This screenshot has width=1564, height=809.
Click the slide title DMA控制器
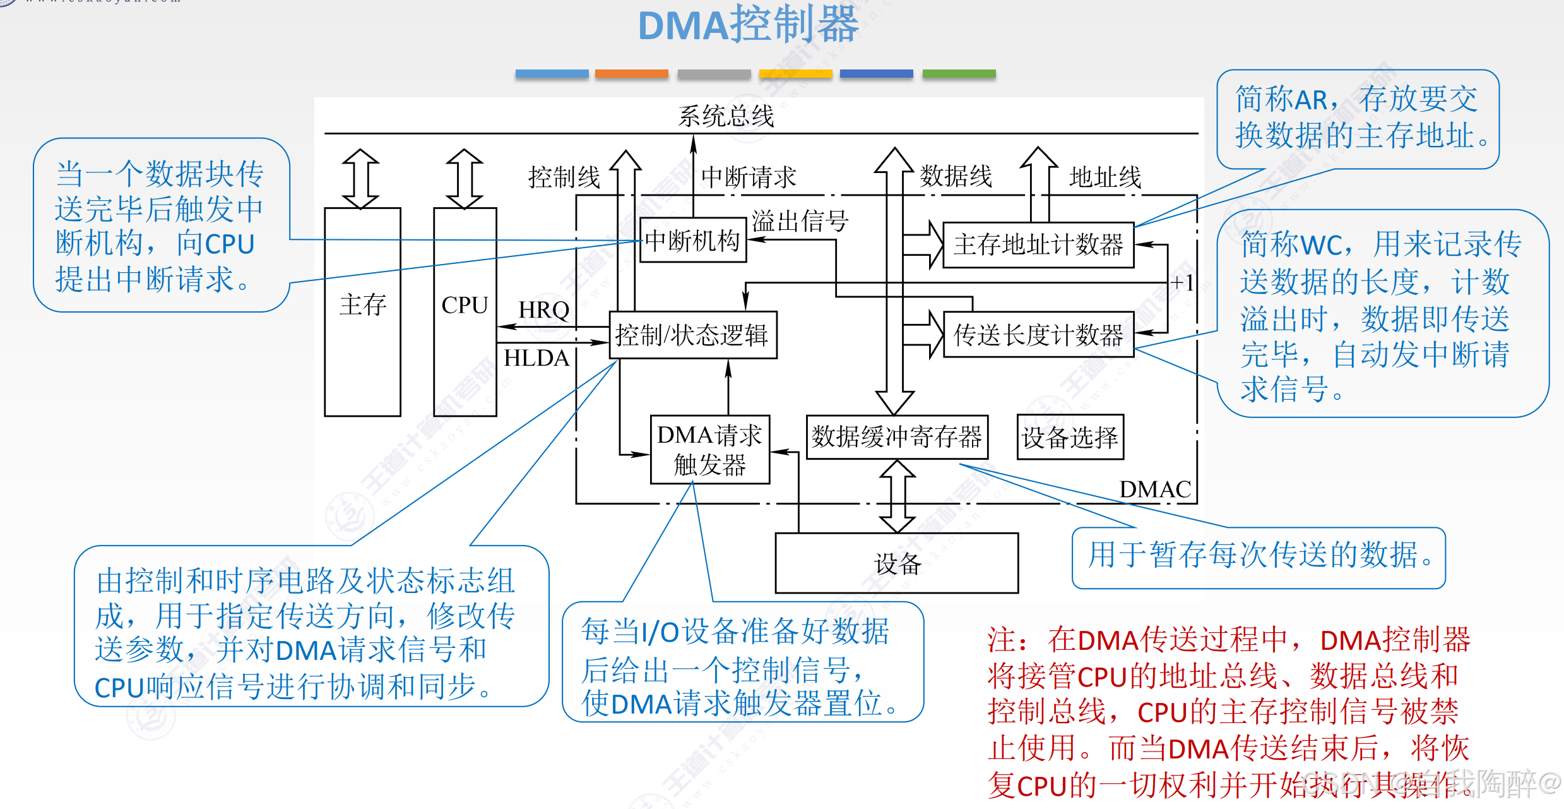point(749,25)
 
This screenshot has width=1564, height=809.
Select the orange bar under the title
point(631,74)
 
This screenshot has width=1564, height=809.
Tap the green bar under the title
point(959,74)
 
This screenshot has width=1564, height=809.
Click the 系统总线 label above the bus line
point(726,116)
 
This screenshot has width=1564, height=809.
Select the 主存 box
point(362,312)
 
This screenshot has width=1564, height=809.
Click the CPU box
point(465,312)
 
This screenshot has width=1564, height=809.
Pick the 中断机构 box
point(693,241)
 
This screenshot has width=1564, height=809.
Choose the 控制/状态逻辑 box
point(692,335)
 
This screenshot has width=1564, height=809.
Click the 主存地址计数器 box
point(1038,244)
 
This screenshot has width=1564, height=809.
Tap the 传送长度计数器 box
point(1038,335)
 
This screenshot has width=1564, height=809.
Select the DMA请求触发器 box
point(710,450)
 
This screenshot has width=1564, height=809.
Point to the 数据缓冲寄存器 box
point(897,437)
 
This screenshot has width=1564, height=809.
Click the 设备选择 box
point(1070,437)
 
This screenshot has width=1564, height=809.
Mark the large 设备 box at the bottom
point(896,563)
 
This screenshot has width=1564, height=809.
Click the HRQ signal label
point(543,310)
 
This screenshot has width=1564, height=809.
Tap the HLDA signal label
point(536,358)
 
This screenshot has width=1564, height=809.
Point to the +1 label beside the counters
point(1182,282)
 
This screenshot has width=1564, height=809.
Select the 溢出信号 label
point(800,221)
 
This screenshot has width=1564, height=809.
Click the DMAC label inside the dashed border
point(1155,489)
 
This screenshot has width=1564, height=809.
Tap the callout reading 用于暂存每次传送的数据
point(1259,556)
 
